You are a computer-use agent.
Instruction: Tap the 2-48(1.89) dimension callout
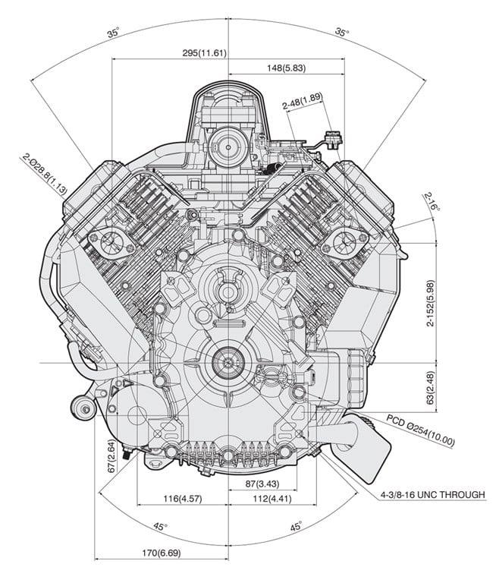pyautogui.click(x=300, y=100)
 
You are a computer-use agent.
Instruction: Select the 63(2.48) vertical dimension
pyautogui.click(x=430, y=386)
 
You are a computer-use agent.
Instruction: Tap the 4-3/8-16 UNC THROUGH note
pyautogui.click(x=432, y=495)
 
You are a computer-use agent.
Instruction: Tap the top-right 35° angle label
pyautogui.click(x=342, y=33)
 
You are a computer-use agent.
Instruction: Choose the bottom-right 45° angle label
pyautogui.click(x=295, y=526)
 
